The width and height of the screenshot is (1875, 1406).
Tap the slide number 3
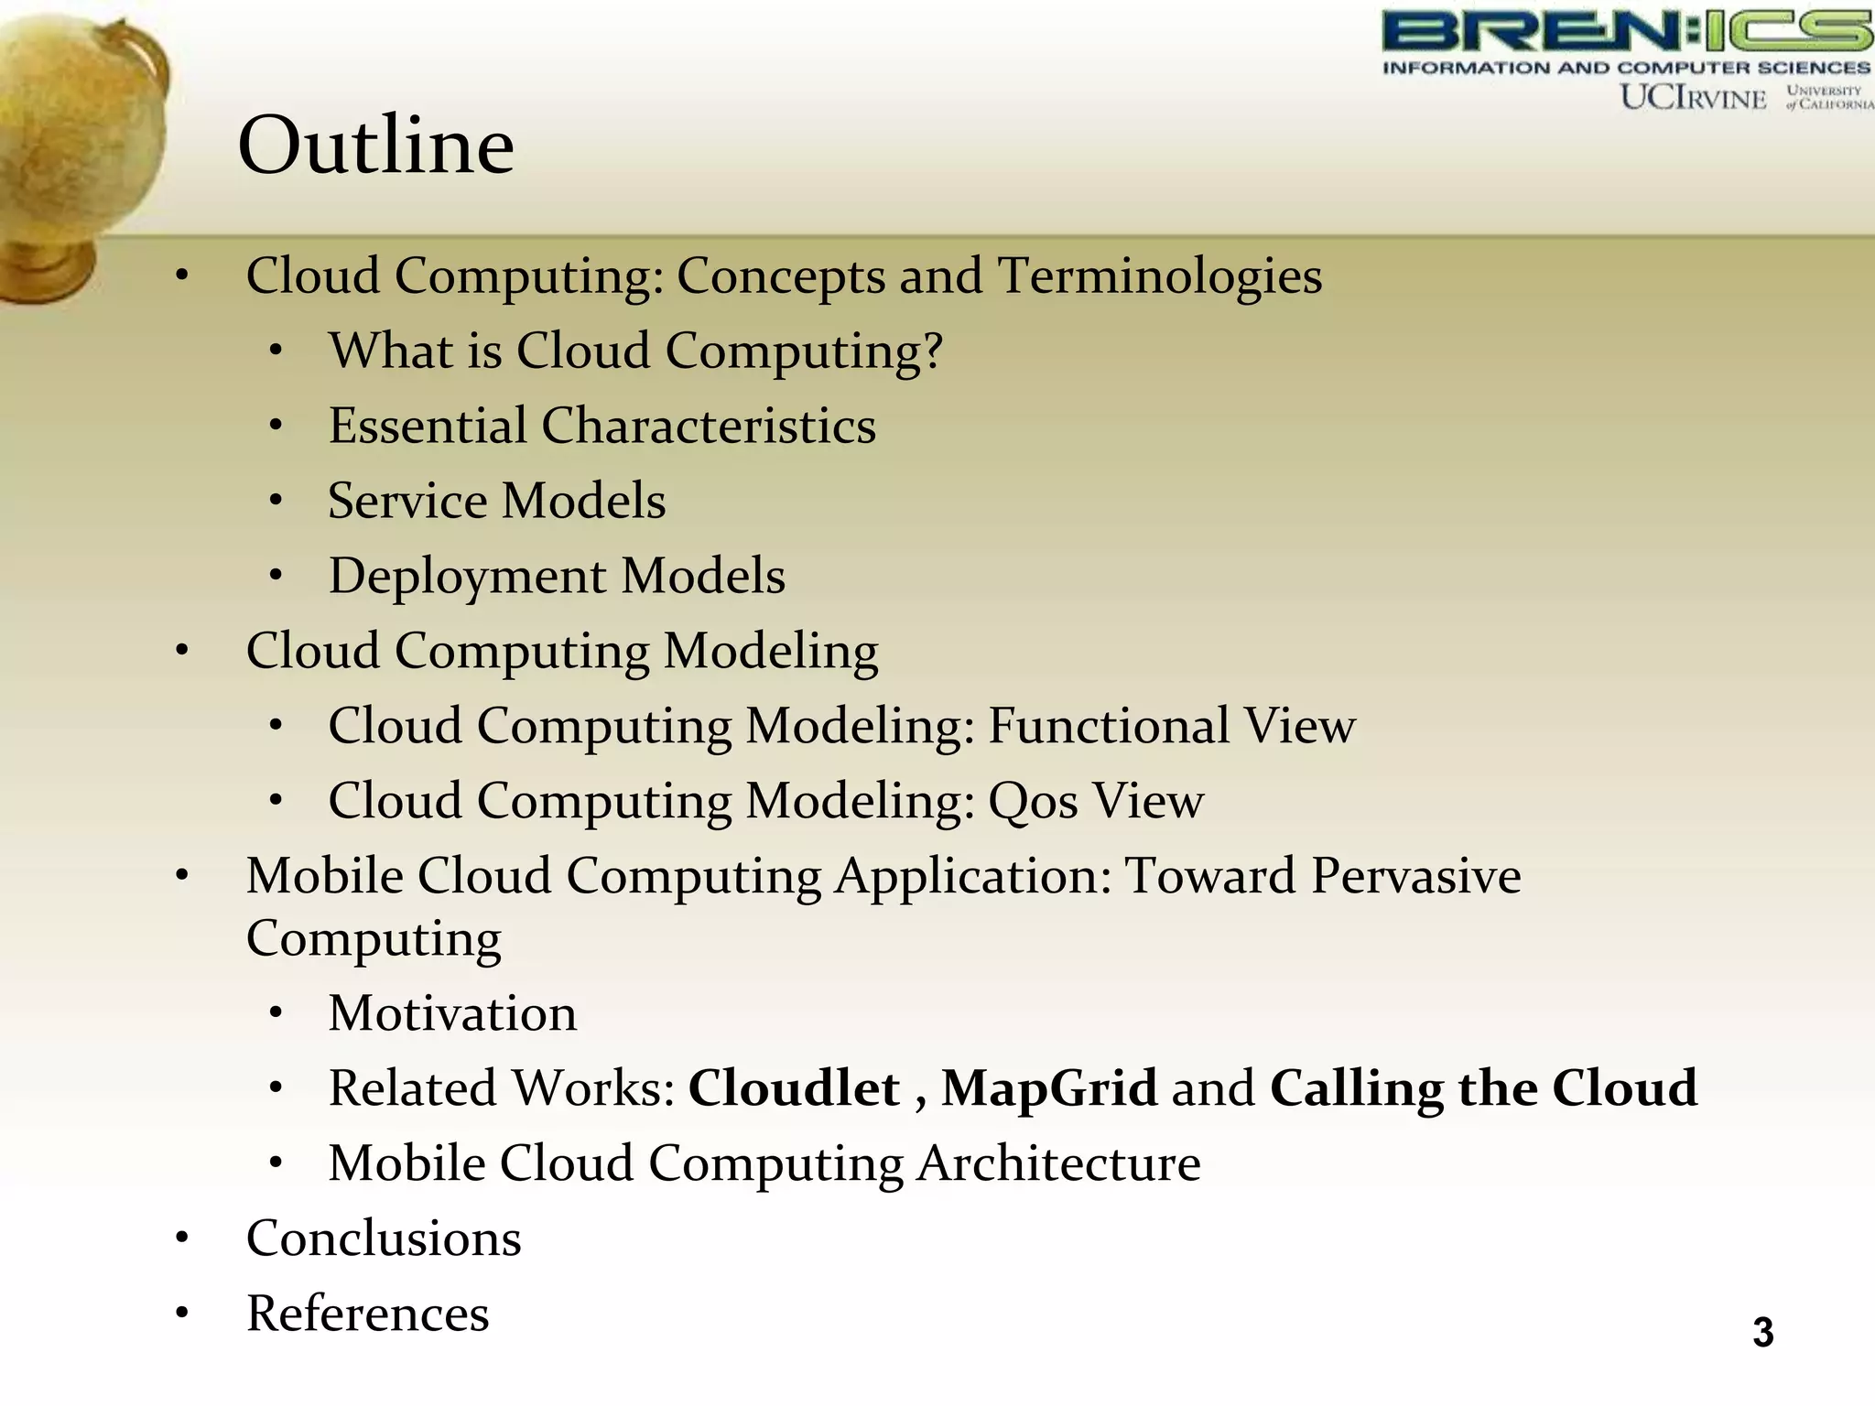(1762, 1332)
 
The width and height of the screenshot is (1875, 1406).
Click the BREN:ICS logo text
(1626, 31)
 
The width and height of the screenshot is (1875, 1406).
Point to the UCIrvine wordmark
(1693, 97)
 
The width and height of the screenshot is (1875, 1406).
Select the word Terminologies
(1159, 276)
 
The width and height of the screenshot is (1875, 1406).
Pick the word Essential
(428, 426)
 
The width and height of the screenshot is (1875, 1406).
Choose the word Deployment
(467, 577)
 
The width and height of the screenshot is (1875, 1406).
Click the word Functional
(1108, 726)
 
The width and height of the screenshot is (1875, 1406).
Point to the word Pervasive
(1415, 876)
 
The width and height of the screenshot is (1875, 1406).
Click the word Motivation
(452, 1013)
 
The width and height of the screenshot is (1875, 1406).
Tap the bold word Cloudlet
(794, 1088)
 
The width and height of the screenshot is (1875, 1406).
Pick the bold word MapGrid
(1049, 1088)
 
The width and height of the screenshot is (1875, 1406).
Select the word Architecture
(1058, 1163)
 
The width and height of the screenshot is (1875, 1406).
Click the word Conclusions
(384, 1238)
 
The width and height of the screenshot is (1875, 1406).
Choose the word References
(367, 1314)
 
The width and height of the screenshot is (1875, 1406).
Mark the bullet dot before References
(182, 1314)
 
